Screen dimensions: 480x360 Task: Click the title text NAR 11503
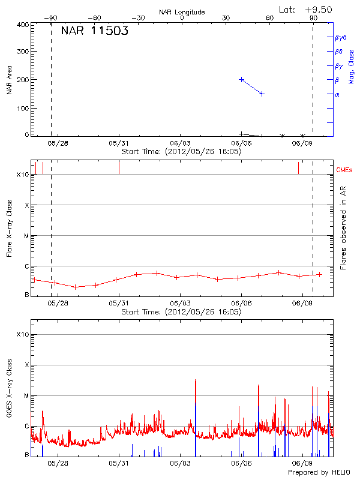tap(94, 32)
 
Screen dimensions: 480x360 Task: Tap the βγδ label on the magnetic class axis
tap(341, 37)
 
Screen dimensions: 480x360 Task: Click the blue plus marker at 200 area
tap(242, 79)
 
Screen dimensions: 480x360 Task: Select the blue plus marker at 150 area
tap(262, 94)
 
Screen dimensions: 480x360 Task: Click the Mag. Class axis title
tap(352, 67)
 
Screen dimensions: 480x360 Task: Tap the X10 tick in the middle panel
tap(23, 175)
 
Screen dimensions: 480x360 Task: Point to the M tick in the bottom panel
tap(26, 395)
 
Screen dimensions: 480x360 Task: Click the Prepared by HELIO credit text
tap(320, 473)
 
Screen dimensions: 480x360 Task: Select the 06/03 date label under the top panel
tap(180, 144)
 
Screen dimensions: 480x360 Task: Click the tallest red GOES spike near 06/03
tap(196, 380)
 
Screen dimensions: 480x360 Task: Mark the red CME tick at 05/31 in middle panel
tap(119, 167)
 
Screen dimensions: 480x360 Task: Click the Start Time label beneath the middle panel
tap(182, 312)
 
